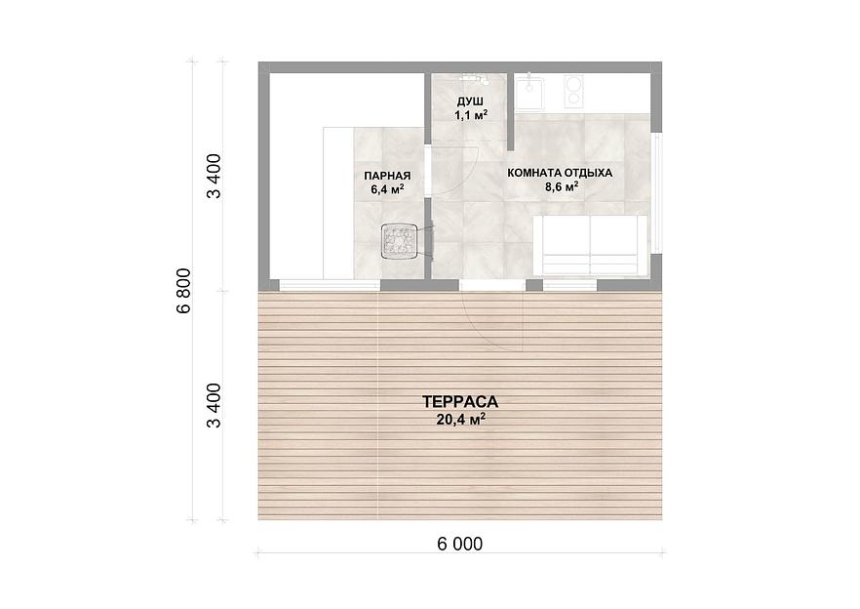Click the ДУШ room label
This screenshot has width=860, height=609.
(x=470, y=101)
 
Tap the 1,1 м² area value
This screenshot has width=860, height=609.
(x=471, y=115)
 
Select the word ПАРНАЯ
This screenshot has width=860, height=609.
(x=387, y=176)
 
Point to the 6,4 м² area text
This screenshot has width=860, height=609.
(x=387, y=189)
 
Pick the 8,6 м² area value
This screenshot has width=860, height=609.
(x=561, y=186)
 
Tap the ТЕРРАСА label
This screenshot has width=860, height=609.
(x=460, y=402)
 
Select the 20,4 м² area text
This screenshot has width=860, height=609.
(x=460, y=420)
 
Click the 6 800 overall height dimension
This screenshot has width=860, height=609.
(x=183, y=291)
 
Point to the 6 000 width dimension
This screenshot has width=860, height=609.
(x=460, y=544)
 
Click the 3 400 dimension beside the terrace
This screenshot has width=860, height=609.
(x=214, y=405)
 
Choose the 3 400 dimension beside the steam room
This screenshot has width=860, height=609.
(x=214, y=176)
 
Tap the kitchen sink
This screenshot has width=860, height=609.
(x=529, y=92)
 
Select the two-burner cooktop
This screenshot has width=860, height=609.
(x=573, y=91)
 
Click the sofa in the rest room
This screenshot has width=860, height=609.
(x=590, y=245)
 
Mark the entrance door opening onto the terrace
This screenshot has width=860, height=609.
(x=492, y=285)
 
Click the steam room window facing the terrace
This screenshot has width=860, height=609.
(x=330, y=285)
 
